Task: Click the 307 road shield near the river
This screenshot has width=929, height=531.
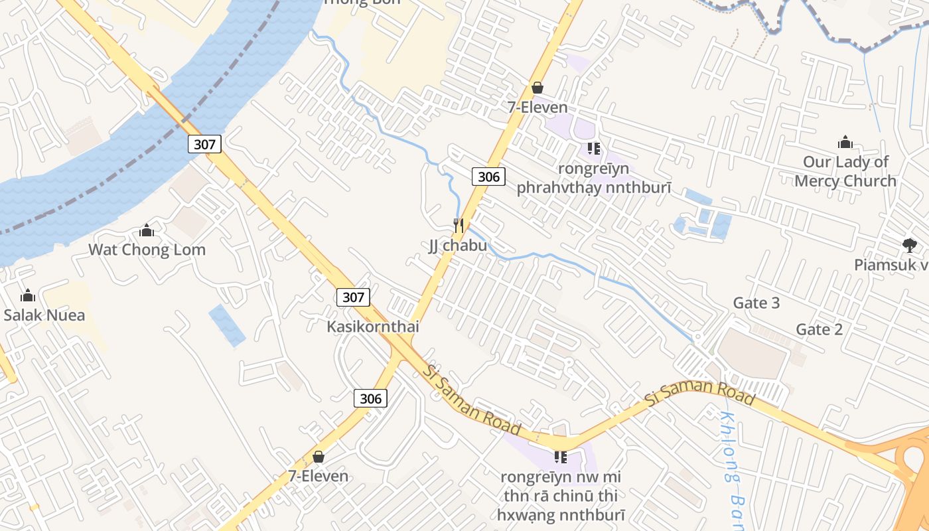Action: click(x=204, y=143)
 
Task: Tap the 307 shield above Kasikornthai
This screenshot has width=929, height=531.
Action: click(x=353, y=297)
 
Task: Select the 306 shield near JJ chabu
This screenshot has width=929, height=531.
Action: click(x=489, y=176)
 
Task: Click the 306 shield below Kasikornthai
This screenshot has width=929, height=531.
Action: click(x=371, y=398)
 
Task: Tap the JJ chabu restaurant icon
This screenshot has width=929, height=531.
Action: click(x=459, y=226)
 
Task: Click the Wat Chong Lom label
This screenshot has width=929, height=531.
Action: click(x=147, y=250)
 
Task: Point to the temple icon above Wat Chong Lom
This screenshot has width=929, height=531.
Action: click(x=147, y=231)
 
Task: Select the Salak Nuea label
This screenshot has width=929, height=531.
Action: click(x=44, y=315)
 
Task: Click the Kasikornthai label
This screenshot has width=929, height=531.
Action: click(x=373, y=327)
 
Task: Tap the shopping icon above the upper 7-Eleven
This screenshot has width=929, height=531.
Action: click(x=537, y=88)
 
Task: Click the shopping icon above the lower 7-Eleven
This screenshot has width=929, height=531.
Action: click(x=319, y=457)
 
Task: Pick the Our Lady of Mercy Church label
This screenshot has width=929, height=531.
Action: click(x=845, y=171)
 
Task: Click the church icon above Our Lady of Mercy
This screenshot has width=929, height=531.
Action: click(x=845, y=142)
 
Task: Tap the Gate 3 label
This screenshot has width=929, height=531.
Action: click(x=756, y=303)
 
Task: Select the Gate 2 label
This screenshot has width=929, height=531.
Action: click(x=819, y=329)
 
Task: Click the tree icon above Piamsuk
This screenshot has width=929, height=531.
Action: click(x=909, y=246)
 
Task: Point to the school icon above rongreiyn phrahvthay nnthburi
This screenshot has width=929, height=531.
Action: click(x=593, y=149)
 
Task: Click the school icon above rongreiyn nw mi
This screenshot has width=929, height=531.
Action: click(x=561, y=457)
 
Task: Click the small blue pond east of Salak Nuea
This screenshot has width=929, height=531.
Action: click(x=226, y=325)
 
